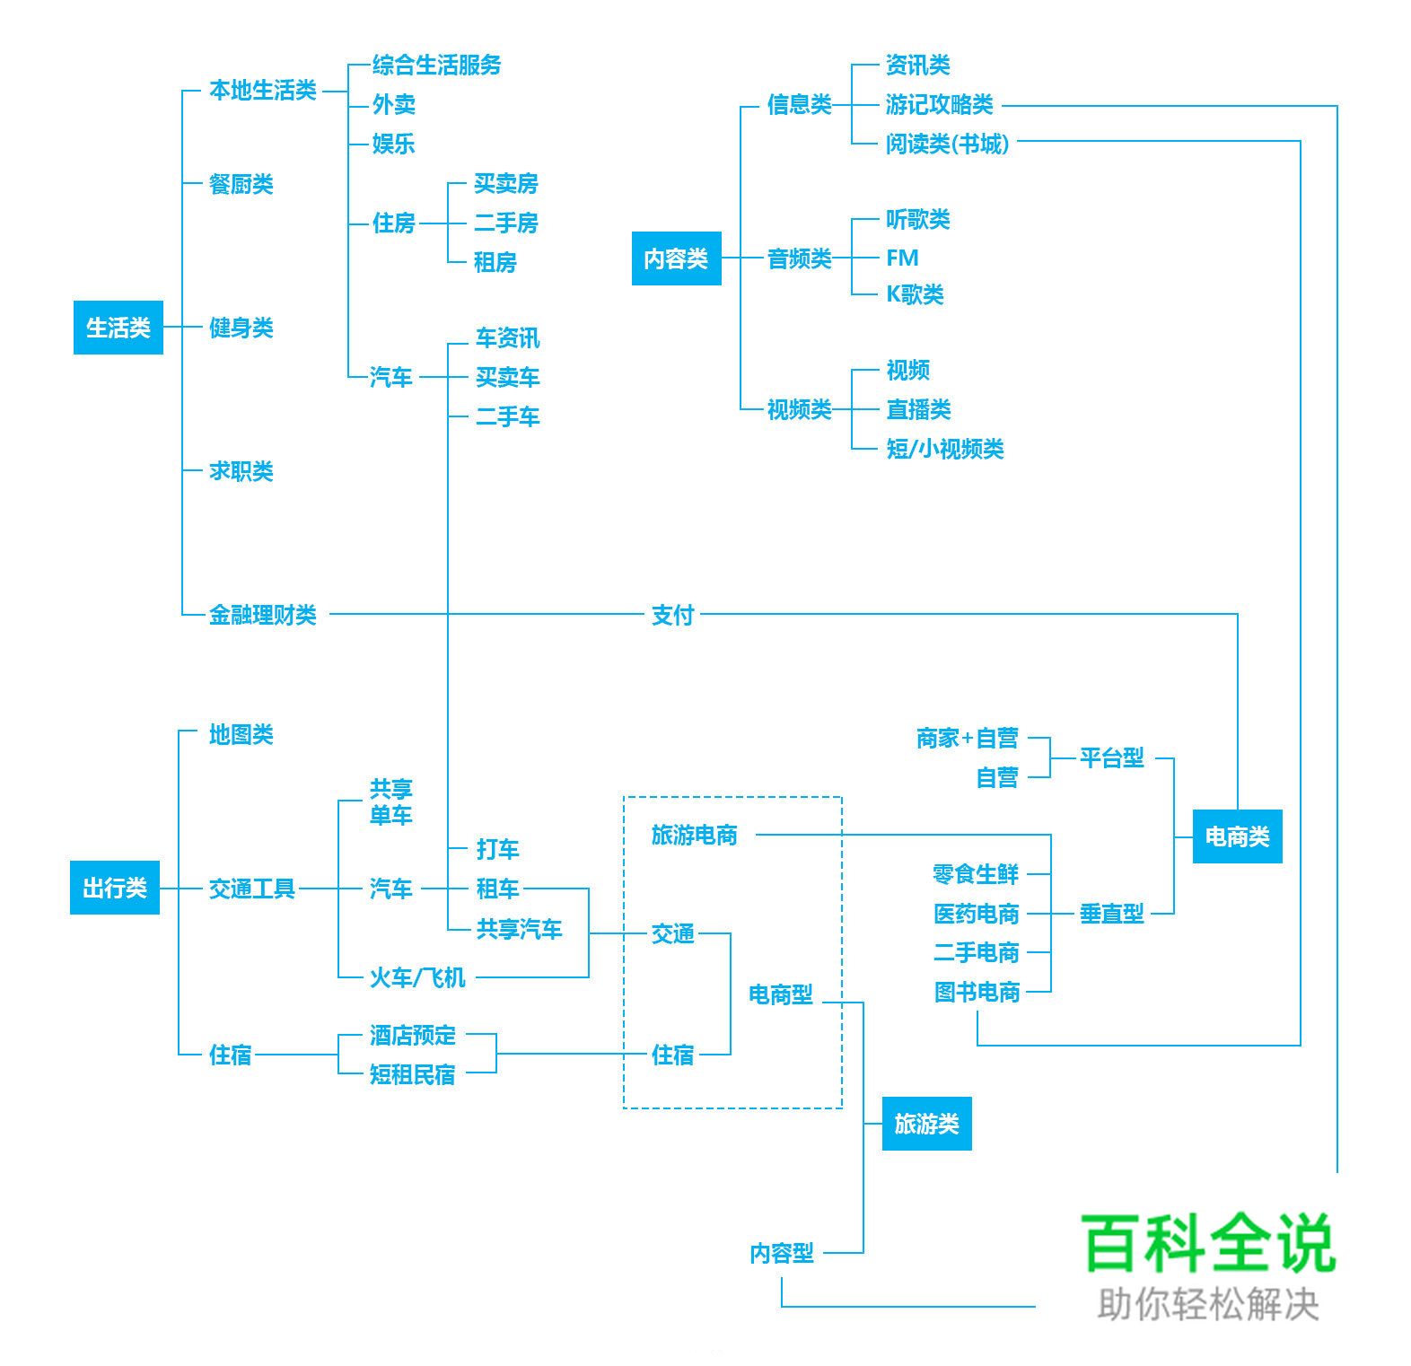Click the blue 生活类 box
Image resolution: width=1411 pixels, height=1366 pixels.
118,328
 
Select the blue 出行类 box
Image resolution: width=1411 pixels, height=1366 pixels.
115,888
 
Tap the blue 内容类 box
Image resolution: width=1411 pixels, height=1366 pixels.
676,258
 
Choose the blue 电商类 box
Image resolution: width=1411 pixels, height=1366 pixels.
1237,836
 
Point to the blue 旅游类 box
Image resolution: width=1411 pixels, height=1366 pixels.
926,1124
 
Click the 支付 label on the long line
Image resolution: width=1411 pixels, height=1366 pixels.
672,615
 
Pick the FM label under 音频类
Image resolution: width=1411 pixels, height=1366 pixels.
902,258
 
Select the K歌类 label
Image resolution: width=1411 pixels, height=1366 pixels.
915,294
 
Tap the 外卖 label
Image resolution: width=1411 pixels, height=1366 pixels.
394,105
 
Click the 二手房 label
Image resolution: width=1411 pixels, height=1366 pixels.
506,223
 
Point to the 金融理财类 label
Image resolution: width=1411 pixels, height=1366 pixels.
262,615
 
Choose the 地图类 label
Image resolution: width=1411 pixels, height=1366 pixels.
241,734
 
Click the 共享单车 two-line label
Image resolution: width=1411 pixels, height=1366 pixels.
390,802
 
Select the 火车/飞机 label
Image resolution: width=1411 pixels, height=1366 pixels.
417,977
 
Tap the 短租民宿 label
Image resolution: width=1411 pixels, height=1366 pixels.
413,1074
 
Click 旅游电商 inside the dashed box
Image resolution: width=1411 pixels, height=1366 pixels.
694,835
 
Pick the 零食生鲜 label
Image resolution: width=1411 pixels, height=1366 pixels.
976,874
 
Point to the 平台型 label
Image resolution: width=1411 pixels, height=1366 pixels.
1111,757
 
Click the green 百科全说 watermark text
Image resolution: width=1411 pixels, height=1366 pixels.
1208,1243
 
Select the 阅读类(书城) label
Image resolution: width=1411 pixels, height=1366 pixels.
947,144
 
